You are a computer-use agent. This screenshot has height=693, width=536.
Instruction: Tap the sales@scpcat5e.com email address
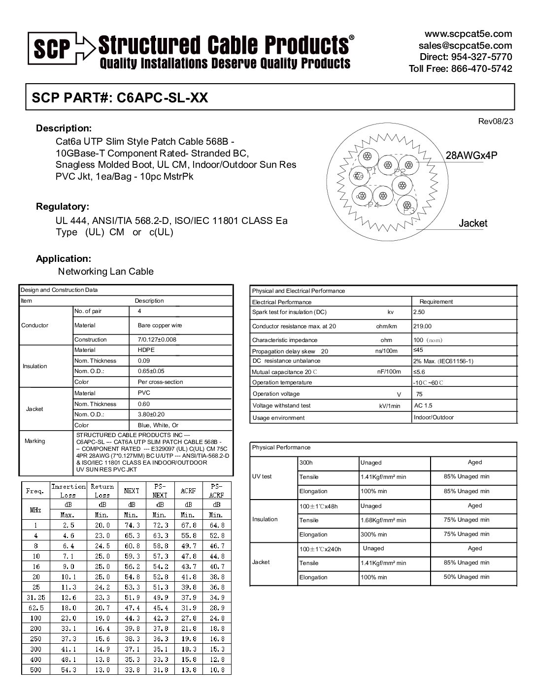tap(465, 45)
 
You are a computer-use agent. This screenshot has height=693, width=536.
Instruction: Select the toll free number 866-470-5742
tap(482, 68)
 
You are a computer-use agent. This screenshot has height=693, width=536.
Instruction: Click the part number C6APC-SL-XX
tap(162, 97)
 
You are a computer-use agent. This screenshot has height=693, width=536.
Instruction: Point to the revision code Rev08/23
tap(496, 121)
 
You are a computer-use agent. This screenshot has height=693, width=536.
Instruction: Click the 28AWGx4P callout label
tap(471, 156)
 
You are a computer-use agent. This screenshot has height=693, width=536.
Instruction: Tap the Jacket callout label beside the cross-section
tap(472, 223)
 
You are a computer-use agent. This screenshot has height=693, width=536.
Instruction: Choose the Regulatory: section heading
tap(63, 206)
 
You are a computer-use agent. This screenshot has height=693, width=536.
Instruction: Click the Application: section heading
tap(64, 258)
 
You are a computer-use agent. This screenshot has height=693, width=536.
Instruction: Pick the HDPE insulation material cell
tap(146, 350)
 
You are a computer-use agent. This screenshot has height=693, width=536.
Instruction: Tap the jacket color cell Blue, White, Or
tap(158, 425)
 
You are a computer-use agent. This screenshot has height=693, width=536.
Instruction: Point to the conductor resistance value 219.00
tap(422, 326)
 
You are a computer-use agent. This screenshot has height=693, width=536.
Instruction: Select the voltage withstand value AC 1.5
tap(423, 406)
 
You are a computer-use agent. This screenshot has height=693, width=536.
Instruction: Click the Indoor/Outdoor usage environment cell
tap(434, 417)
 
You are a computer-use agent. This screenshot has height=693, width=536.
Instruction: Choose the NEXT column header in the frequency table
tap(132, 491)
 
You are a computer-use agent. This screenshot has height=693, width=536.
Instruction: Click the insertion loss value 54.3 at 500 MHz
tap(68, 670)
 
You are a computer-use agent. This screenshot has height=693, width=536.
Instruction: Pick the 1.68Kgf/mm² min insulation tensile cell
tap(383, 520)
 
